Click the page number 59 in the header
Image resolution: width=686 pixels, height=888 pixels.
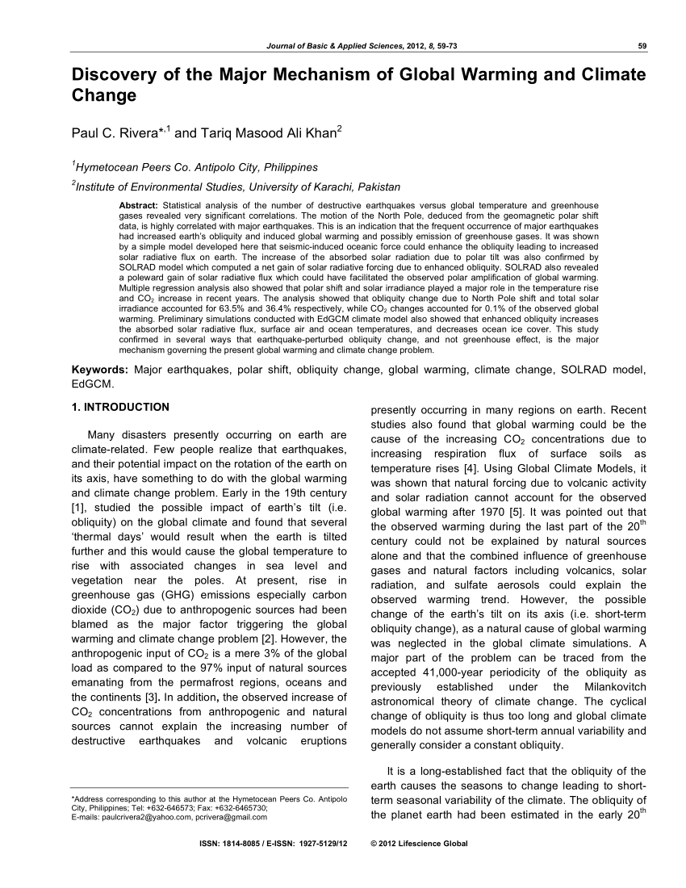click(642, 45)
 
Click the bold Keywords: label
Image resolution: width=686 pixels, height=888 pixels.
click(100, 370)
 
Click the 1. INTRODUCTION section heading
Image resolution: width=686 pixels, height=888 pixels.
click(121, 407)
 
